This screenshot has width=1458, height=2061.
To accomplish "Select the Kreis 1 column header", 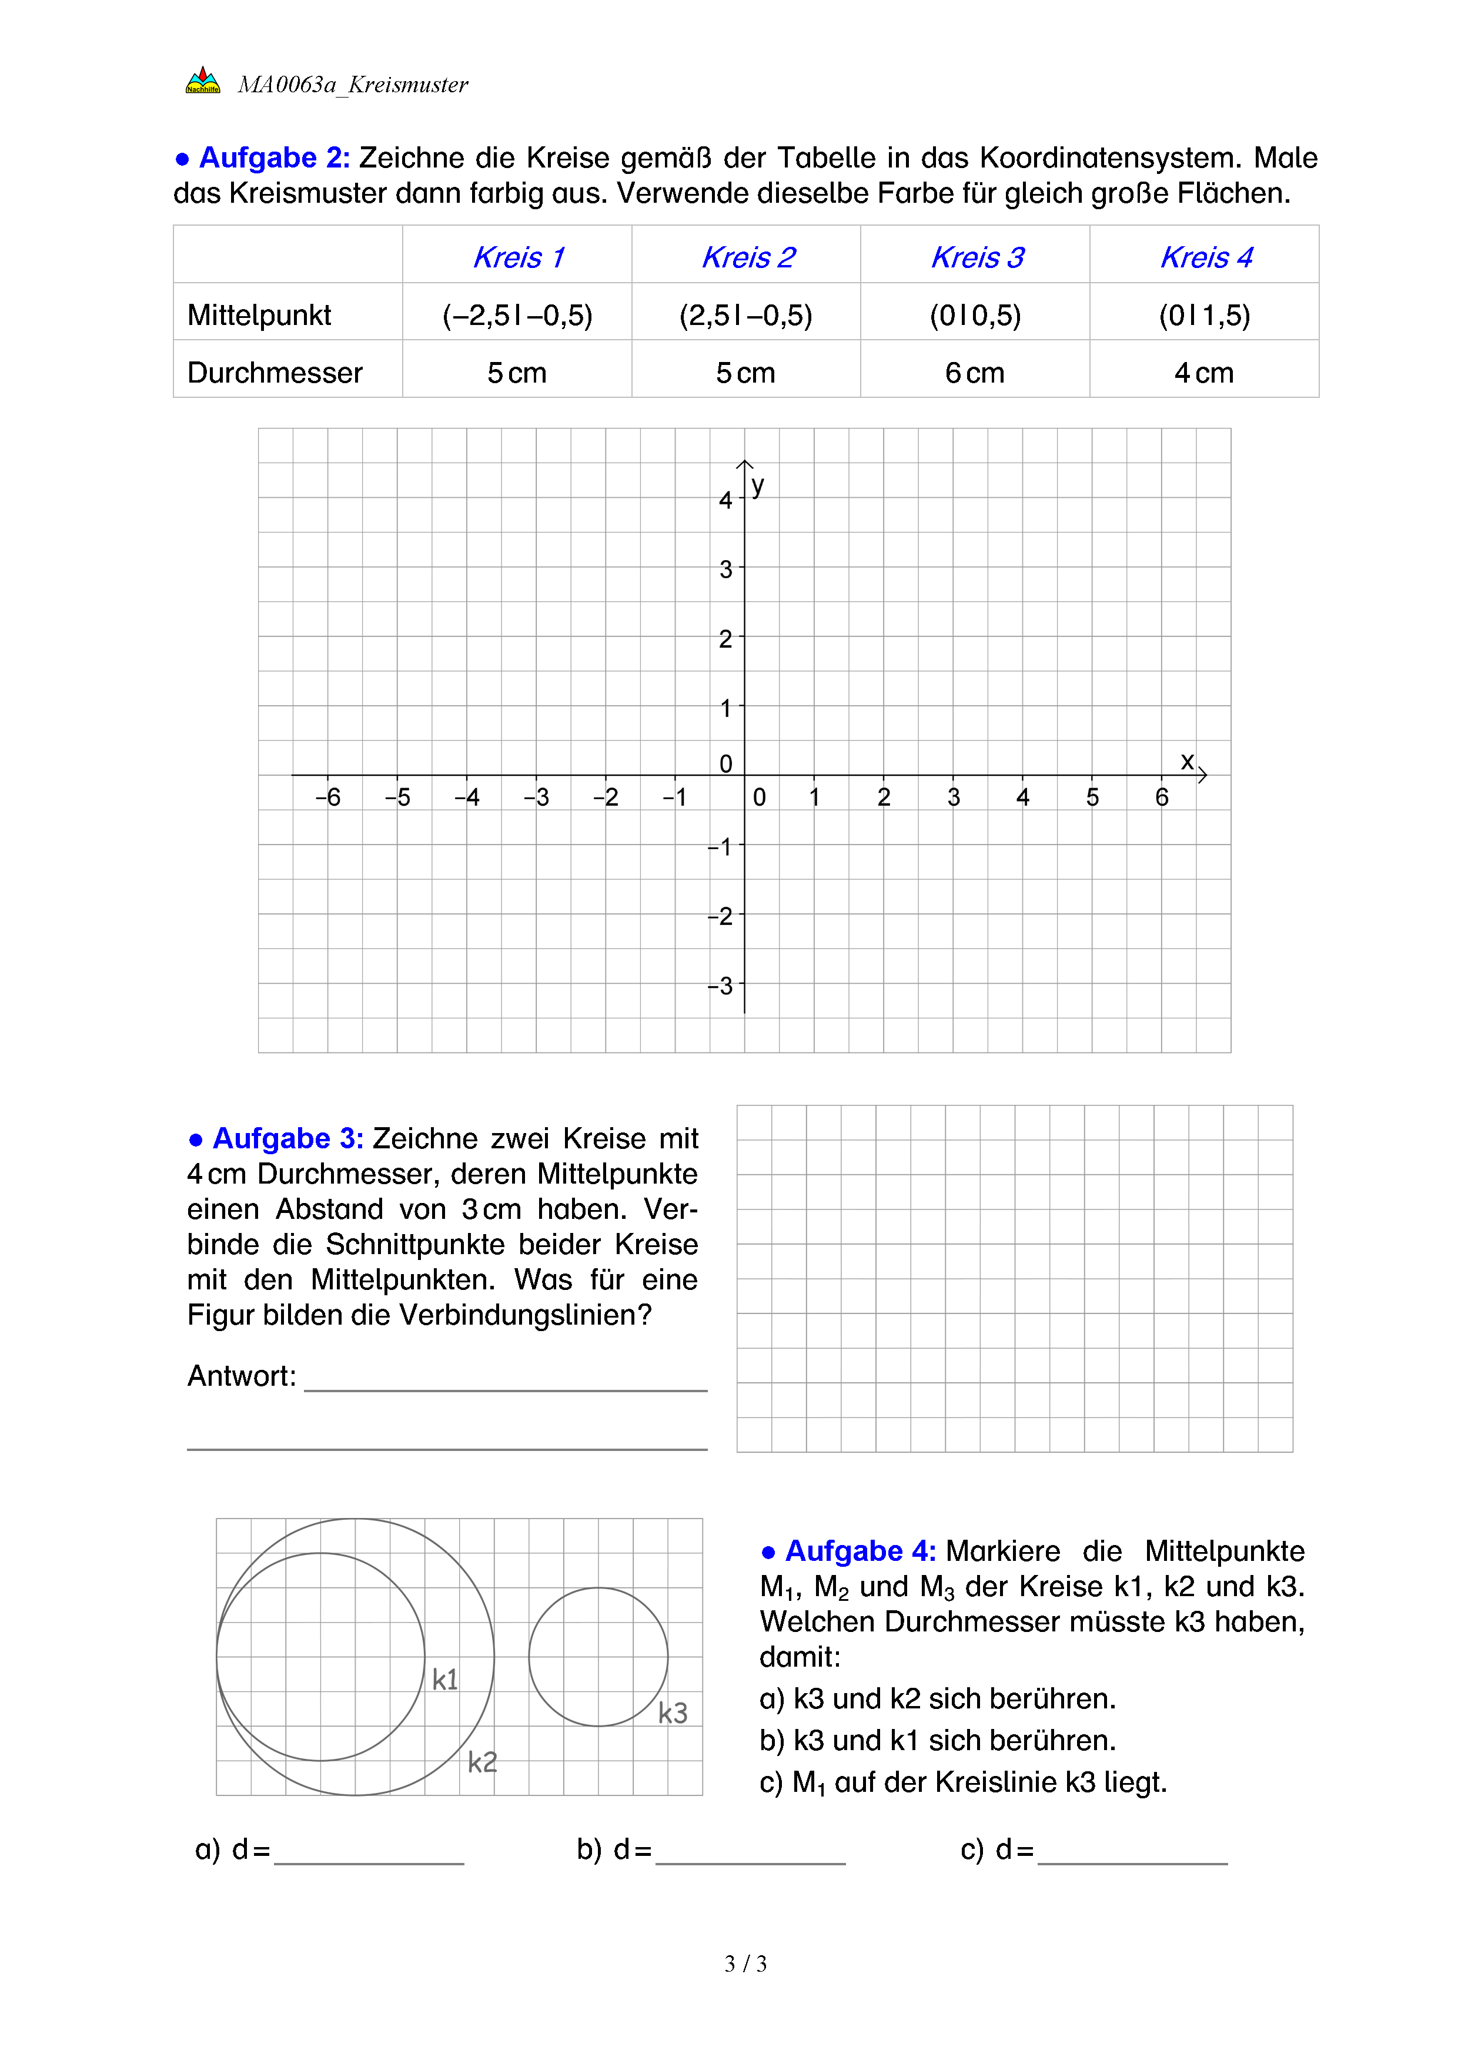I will (518, 257).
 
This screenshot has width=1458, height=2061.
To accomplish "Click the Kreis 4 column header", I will (1206, 257).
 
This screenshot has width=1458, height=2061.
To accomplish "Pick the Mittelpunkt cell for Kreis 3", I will (975, 315).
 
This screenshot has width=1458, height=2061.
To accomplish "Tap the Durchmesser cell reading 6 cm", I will (975, 373).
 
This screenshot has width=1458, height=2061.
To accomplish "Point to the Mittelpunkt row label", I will (259, 315).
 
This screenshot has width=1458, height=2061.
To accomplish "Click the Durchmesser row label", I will (275, 373).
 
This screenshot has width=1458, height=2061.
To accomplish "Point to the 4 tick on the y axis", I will (726, 500).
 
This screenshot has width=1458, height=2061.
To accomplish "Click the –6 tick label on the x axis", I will (327, 797).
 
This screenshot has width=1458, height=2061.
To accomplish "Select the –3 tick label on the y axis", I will (720, 986).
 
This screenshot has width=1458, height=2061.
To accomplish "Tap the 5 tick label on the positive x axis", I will (1092, 797).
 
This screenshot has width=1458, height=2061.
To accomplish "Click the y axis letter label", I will (758, 485).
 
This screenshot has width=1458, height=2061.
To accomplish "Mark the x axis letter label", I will (1187, 761).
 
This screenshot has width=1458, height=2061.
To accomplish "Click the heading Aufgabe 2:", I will (274, 158).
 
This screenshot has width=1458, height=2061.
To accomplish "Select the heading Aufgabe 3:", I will (287, 1138).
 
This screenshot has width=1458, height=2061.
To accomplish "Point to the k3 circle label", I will (673, 1713).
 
